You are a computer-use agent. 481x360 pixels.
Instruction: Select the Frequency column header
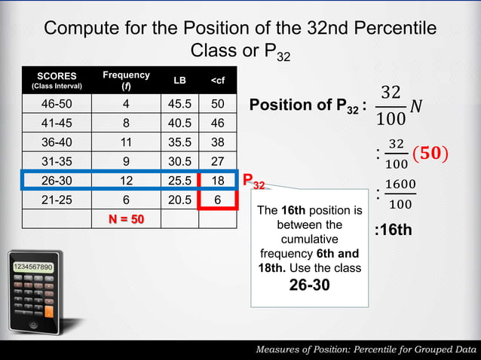coord(127,81)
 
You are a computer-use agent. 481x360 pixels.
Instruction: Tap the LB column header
coord(180,81)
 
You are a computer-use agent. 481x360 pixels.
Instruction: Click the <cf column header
coord(218,81)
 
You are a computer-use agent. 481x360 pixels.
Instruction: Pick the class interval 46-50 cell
coord(56,103)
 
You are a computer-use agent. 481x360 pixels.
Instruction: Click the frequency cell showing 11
coord(127,142)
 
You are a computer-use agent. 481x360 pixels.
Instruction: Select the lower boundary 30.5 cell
coord(180,161)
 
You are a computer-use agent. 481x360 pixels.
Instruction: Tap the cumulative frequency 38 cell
coord(218,142)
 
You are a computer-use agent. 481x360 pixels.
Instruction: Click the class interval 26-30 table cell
coord(56,181)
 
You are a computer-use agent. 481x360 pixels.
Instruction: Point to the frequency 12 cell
coord(127,181)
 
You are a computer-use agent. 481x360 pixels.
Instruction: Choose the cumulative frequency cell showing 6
coord(218,200)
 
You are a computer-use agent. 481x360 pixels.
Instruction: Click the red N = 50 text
coord(127,219)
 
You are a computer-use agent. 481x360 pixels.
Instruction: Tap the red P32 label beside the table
coord(253,182)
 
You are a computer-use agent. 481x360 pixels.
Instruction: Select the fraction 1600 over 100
coord(400,194)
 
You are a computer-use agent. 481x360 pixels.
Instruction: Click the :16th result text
coord(394,230)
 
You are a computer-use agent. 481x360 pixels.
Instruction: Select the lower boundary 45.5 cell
coord(180,103)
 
